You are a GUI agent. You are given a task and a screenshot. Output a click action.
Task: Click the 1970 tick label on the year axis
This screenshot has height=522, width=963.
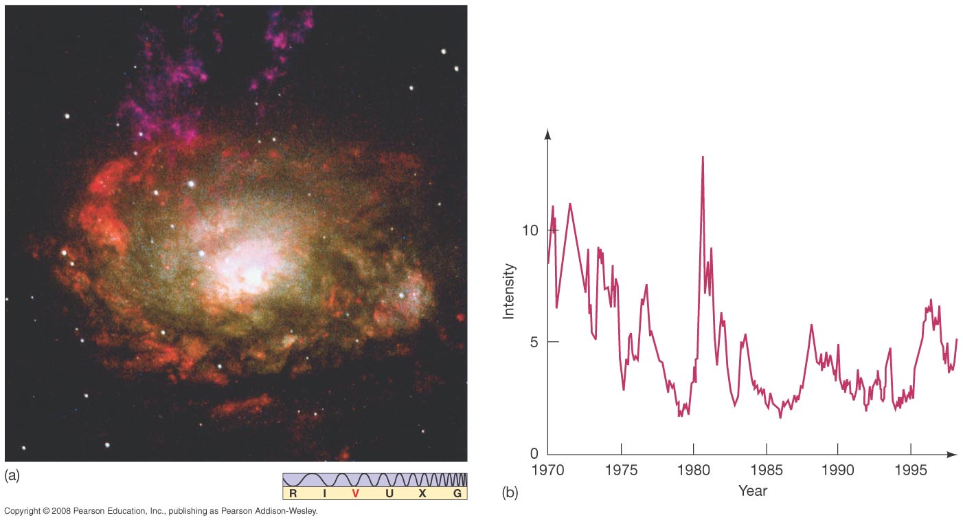(x=547, y=470)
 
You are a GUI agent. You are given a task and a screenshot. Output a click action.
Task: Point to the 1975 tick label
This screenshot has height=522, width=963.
(x=620, y=470)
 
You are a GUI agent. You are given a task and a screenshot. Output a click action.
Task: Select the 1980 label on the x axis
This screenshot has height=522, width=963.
(x=693, y=470)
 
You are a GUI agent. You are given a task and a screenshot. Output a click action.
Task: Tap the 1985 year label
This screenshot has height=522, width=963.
(x=766, y=470)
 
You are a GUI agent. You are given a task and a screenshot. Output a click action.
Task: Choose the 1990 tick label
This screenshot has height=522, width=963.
(x=838, y=470)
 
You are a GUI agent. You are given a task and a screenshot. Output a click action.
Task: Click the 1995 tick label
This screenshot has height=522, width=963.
(x=911, y=470)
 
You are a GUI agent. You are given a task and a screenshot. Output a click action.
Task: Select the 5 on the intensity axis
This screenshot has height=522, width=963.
(x=535, y=342)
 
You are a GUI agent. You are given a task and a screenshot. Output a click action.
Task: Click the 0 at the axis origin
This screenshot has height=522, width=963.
(x=535, y=454)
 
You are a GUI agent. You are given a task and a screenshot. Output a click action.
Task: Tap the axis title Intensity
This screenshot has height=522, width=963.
(x=509, y=291)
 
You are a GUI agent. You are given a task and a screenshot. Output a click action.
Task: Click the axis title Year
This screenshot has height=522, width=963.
(x=752, y=491)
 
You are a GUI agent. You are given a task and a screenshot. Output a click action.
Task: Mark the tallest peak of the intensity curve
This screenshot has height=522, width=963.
(x=703, y=157)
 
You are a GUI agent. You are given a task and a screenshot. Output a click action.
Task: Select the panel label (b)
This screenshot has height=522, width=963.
(x=510, y=492)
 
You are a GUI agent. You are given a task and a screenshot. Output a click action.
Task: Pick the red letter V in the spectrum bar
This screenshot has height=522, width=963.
(x=355, y=493)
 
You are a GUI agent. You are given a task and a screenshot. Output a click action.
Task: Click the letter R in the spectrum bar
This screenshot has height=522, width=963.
(x=293, y=493)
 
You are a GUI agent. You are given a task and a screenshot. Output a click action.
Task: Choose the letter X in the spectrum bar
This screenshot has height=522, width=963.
(x=422, y=493)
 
